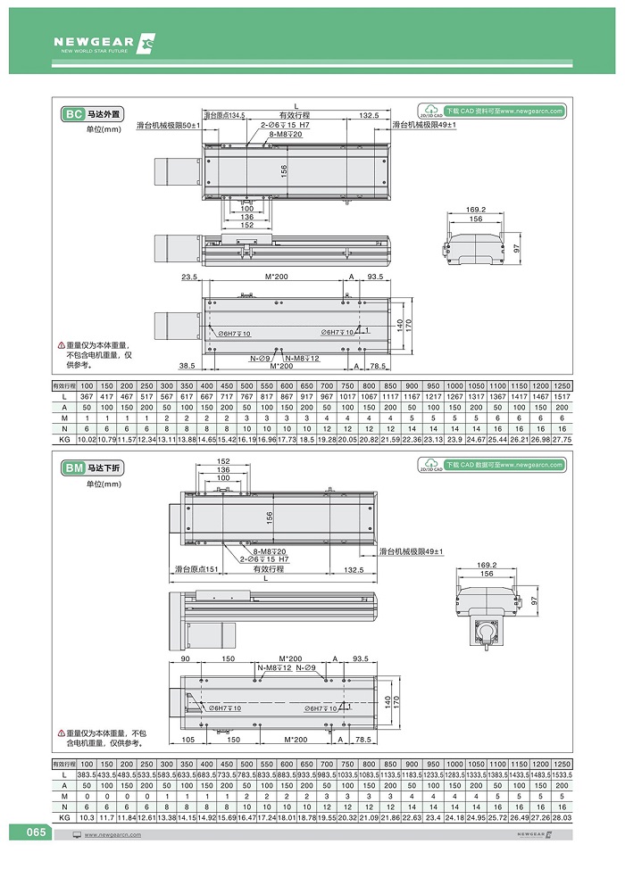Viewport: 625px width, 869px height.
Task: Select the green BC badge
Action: click(73, 114)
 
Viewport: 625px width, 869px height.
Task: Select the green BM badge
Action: click(73, 468)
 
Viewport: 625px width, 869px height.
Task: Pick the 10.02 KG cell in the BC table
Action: click(87, 439)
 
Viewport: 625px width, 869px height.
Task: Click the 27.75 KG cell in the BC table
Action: click(562, 439)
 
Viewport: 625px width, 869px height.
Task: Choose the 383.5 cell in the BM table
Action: click(87, 776)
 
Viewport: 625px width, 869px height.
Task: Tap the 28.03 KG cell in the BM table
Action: click(562, 817)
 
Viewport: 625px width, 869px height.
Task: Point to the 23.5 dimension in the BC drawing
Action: click(188, 277)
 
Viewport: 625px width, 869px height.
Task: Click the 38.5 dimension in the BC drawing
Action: click(187, 366)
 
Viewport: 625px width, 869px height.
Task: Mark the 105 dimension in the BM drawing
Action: click(188, 740)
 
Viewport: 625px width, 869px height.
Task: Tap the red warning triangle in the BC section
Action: click(62, 345)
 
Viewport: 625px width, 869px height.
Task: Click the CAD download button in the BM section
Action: click(491, 465)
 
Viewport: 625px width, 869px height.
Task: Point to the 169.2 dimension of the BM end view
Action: click(487, 564)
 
